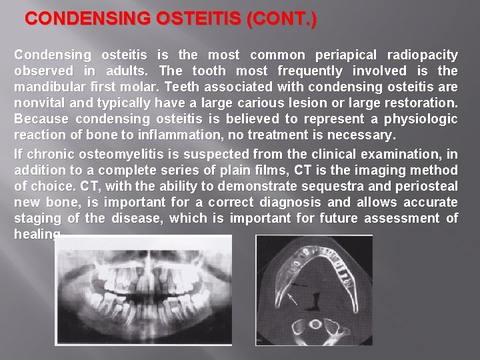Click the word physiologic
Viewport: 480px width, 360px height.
(x=422, y=119)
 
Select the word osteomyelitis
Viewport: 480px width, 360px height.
(x=112, y=154)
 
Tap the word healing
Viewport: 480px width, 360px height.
(x=37, y=235)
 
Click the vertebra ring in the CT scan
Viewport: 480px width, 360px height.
(x=315, y=326)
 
